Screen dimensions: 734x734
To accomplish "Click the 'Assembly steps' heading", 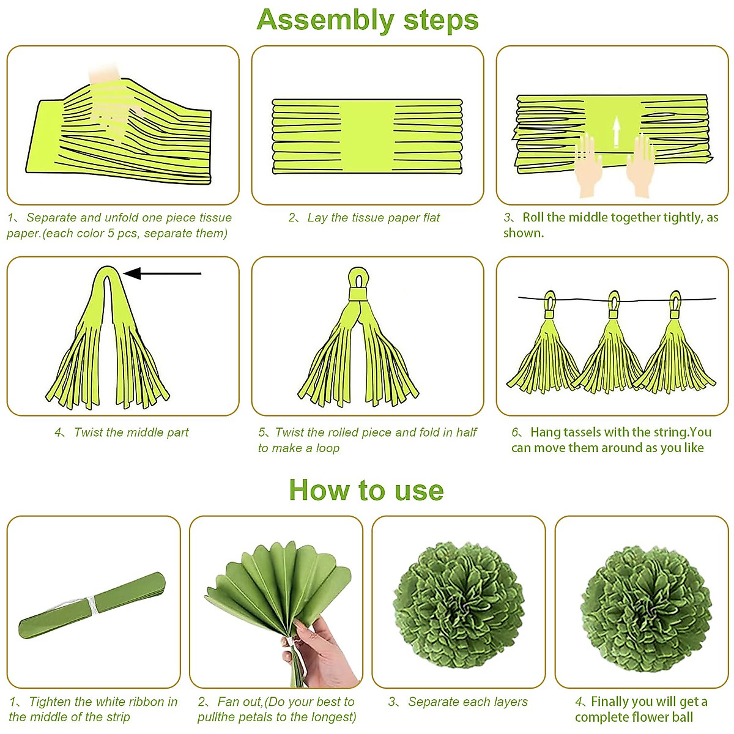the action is tap(367, 21).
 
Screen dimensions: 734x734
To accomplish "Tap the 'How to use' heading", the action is tap(366, 490).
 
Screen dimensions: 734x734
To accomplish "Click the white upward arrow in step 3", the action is tap(615, 132).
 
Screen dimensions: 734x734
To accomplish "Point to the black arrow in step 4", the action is tap(162, 273).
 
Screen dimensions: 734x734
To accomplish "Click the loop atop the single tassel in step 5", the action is tap(358, 279).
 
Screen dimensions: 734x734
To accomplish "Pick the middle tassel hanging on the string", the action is tap(609, 342).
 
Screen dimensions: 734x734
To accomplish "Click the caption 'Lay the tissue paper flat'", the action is tap(373, 218).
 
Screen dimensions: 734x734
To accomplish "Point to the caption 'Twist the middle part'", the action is tap(131, 432).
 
